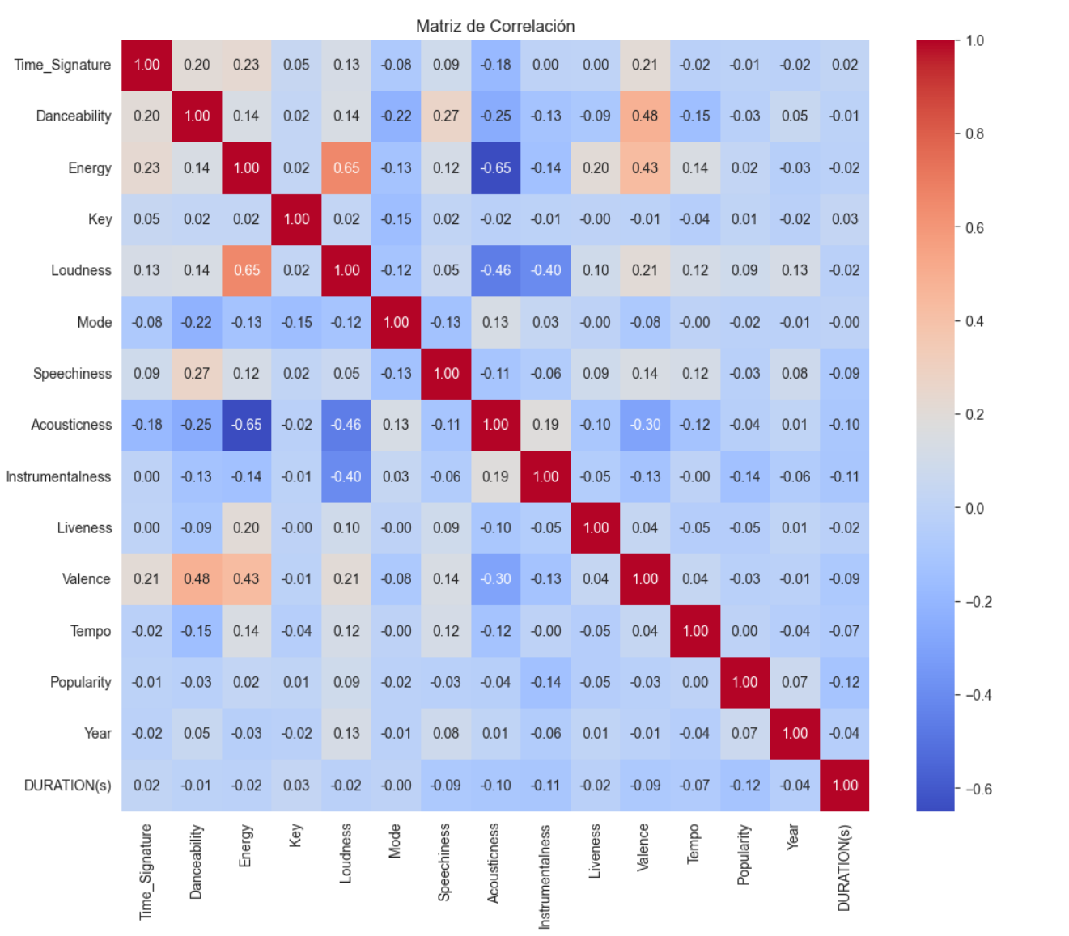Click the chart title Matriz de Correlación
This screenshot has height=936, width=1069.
tap(495, 26)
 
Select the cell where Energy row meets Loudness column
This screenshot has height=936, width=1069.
tap(346, 168)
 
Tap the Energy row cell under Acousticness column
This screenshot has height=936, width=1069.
tap(495, 168)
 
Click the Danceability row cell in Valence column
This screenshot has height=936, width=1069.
tap(645, 116)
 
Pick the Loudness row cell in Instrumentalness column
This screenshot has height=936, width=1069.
tap(545, 271)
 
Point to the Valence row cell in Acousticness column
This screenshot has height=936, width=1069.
tap(495, 579)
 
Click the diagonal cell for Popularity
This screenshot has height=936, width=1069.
tap(744, 682)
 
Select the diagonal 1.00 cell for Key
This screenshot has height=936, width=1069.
tap(296, 219)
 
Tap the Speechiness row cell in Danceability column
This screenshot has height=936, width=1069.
tap(197, 374)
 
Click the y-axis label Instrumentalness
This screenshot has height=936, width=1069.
tap(58, 476)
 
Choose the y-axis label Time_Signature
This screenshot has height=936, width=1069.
tap(62, 65)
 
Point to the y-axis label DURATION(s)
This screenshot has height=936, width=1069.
tap(68, 786)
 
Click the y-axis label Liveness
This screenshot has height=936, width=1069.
tap(84, 528)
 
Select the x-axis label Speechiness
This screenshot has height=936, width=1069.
tap(444, 862)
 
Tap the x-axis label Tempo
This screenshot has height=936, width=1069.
tap(694, 845)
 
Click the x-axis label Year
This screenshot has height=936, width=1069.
tap(793, 836)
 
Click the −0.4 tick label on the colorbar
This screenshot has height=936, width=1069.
tap(978, 696)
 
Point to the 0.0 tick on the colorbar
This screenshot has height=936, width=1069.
tap(974, 509)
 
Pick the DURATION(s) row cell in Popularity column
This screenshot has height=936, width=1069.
tap(744, 786)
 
